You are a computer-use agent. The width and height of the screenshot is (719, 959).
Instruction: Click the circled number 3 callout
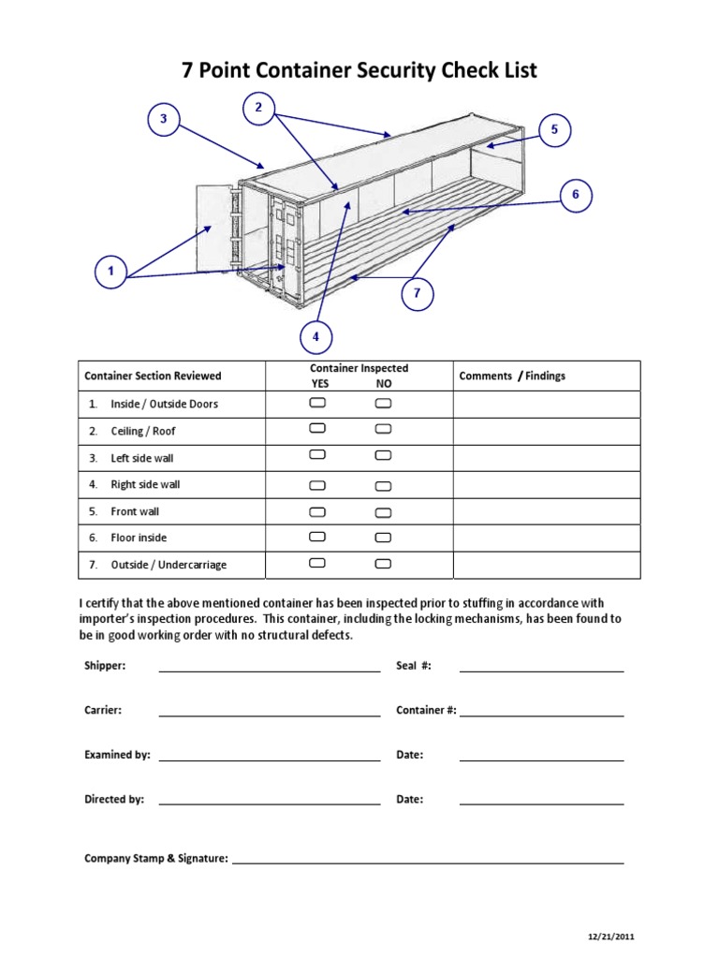pos(163,119)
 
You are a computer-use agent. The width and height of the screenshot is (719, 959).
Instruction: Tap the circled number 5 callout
pos(554,130)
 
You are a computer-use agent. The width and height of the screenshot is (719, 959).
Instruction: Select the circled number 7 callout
pos(418,293)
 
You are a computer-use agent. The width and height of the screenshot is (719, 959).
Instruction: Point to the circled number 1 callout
pos(110,273)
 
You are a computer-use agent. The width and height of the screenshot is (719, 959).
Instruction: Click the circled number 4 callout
pos(315,336)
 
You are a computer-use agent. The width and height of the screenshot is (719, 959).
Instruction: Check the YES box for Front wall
pos(317,512)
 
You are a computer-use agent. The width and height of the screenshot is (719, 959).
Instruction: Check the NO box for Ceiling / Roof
pos(383,430)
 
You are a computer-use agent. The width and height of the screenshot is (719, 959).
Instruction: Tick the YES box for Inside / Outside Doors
pos(317,403)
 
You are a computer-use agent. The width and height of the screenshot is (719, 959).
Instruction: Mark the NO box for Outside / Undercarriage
pos(383,565)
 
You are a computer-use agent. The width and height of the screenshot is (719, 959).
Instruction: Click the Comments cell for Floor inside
pos(547,539)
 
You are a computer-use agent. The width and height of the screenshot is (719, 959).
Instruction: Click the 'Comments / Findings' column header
pos(512,376)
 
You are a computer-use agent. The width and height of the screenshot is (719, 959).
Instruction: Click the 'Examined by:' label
pos(117,755)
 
